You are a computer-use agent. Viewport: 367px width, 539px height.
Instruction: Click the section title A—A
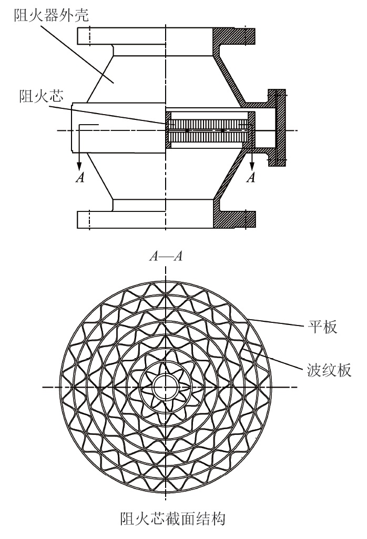pos(166,257)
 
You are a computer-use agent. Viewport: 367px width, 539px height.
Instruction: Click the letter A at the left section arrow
pos(79,177)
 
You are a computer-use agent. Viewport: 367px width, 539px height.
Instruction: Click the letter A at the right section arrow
pos(251,177)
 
